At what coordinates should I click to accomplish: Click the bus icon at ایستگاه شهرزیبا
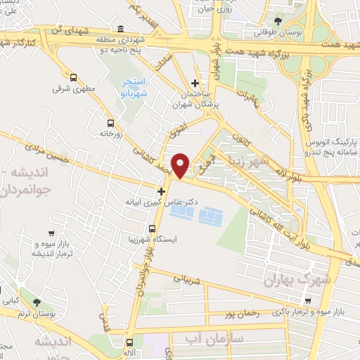(153, 228)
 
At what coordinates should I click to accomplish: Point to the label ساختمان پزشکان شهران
(195, 99)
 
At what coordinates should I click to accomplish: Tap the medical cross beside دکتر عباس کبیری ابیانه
(161, 191)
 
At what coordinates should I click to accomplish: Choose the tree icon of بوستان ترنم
(36, 302)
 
